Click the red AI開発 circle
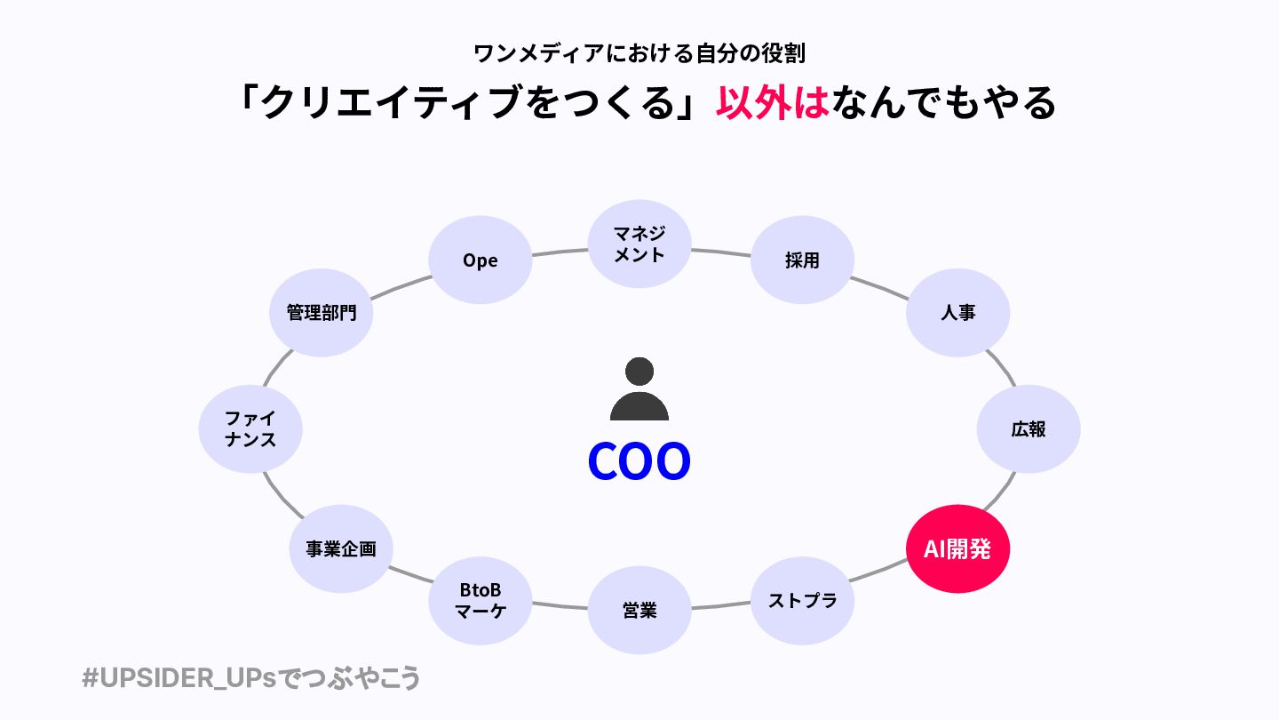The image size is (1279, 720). (x=957, y=548)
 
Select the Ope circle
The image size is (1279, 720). (x=480, y=260)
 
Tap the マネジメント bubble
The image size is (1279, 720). (x=639, y=243)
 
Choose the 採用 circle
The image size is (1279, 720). (x=802, y=260)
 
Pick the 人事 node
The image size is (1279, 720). (x=957, y=313)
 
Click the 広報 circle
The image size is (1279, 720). (x=1028, y=429)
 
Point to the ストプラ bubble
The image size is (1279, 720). (x=802, y=601)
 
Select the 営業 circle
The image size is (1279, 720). (x=639, y=610)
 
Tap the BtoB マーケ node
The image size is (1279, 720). (x=480, y=601)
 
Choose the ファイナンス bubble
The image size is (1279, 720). (x=250, y=429)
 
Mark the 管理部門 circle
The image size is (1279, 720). (x=321, y=313)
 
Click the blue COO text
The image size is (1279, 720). (x=639, y=461)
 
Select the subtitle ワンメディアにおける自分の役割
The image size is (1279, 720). (x=639, y=53)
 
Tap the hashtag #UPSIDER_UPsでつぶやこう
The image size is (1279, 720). (x=250, y=678)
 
